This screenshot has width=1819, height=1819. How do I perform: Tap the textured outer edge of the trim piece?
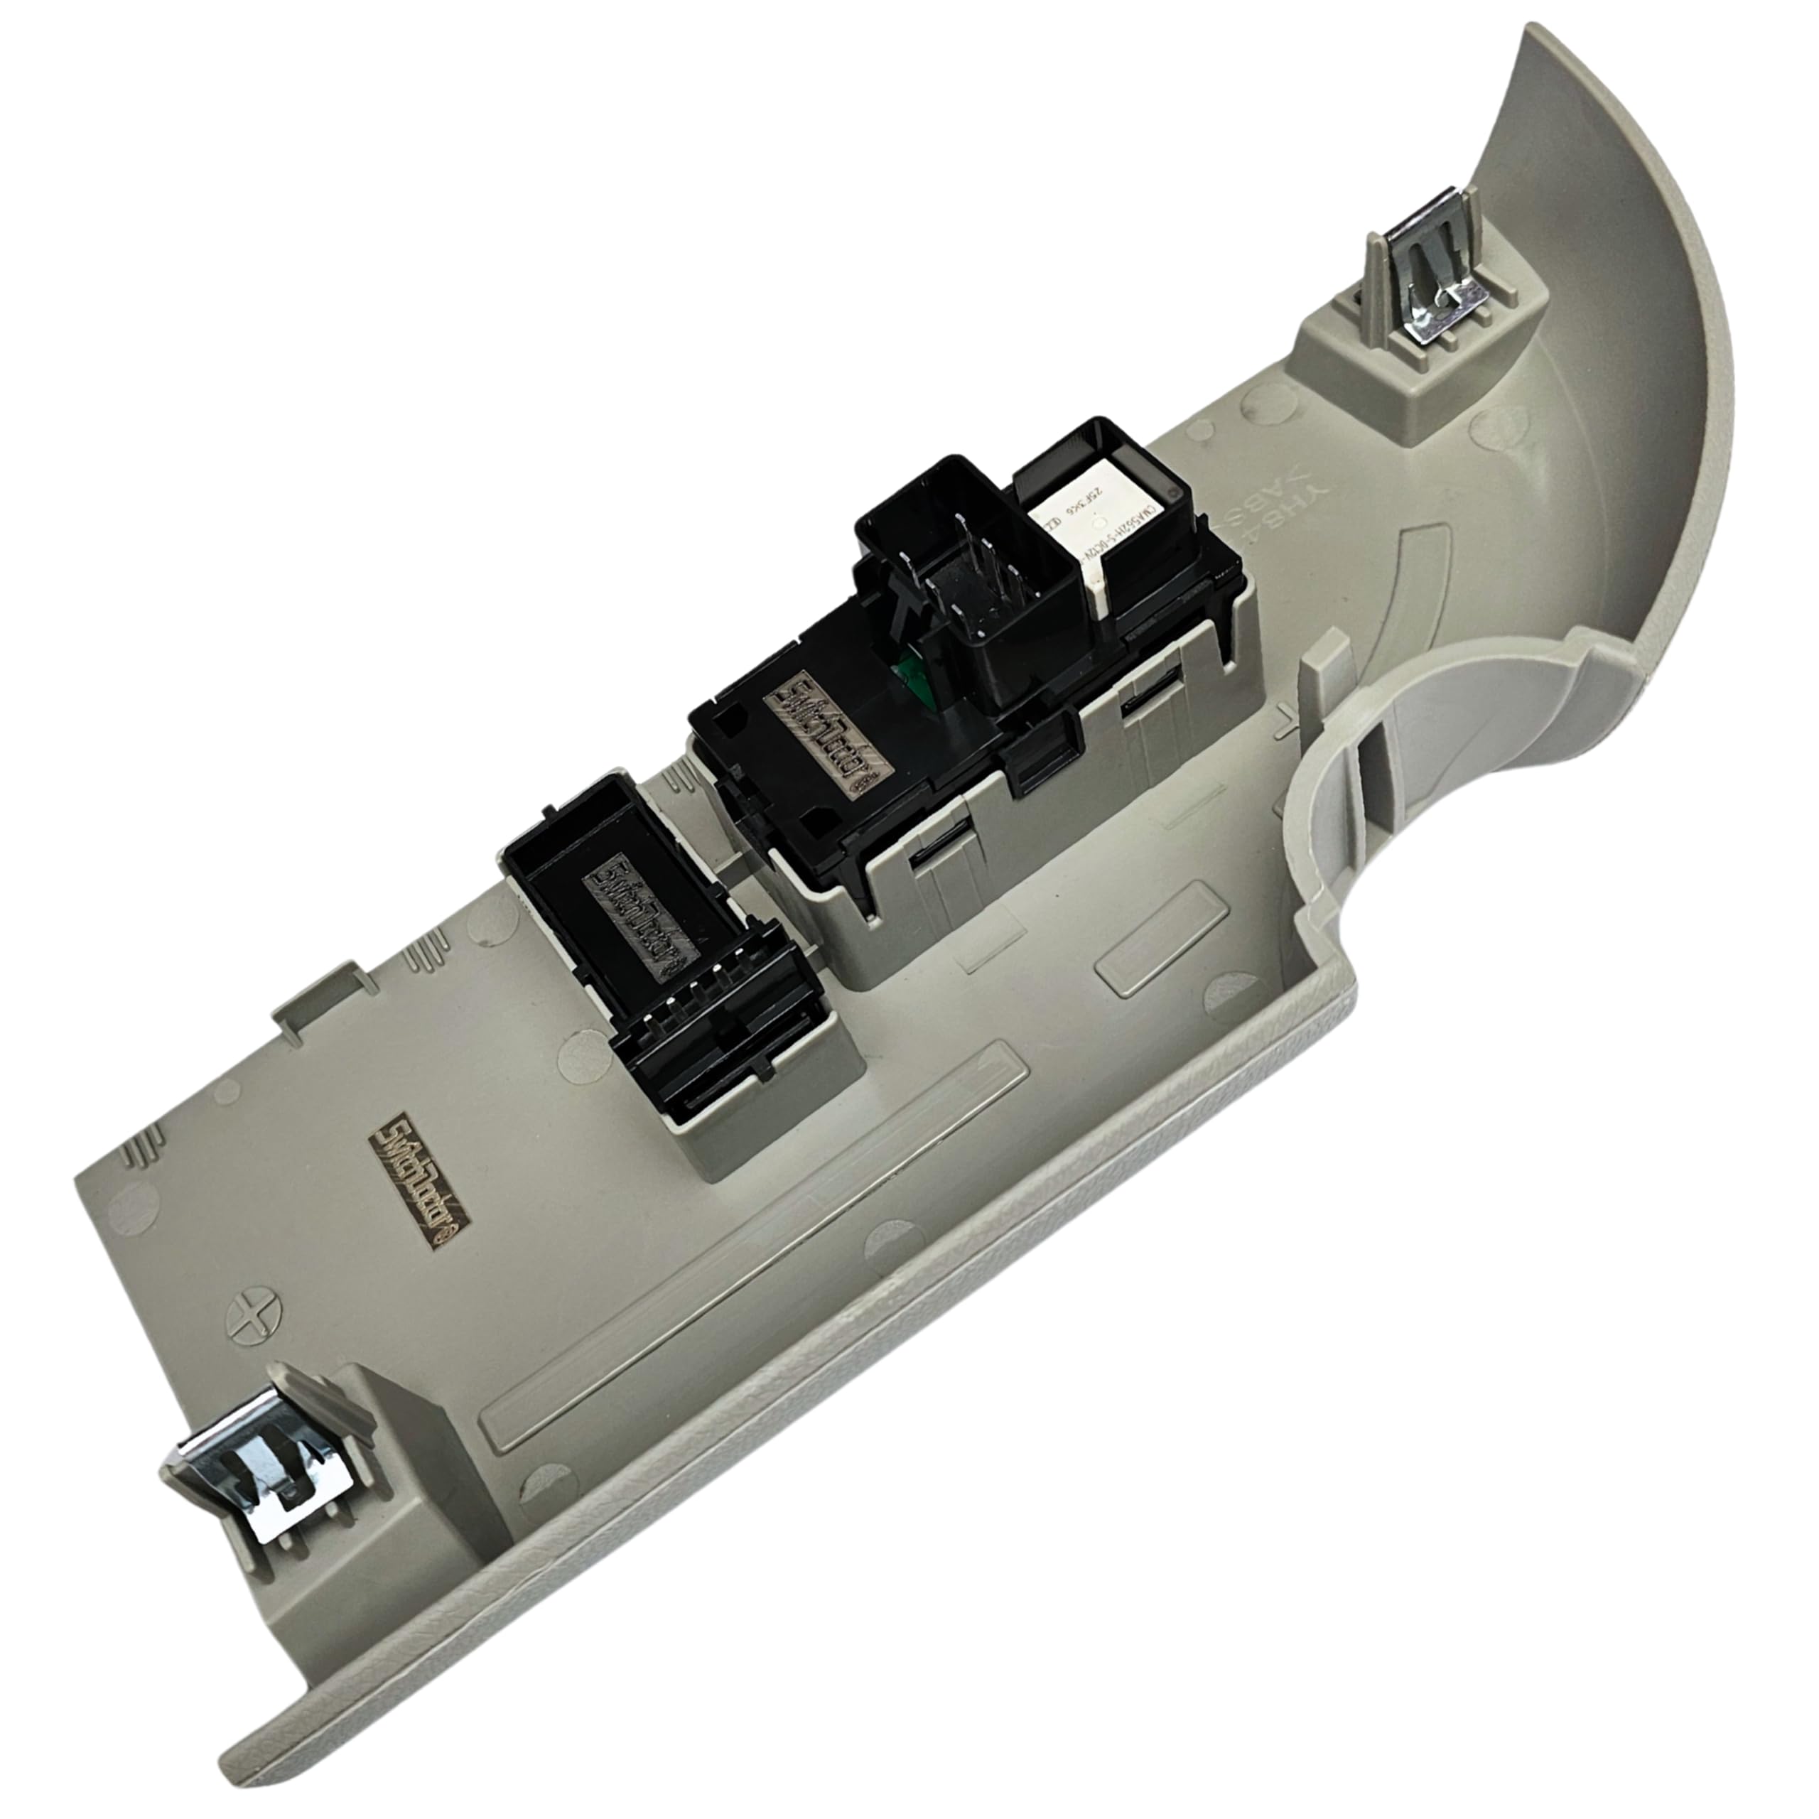click(x=848, y=1413)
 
